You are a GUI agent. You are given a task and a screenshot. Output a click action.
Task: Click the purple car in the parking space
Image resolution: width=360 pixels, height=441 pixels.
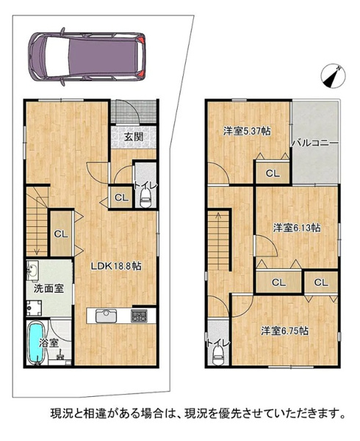[87, 57]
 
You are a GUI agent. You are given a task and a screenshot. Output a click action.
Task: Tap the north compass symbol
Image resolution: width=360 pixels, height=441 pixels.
[334, 76]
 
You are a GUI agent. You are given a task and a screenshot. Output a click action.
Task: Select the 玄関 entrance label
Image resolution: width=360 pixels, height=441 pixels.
[134, 137]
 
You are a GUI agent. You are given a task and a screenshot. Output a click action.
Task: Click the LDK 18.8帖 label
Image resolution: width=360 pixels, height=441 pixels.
[116, 266]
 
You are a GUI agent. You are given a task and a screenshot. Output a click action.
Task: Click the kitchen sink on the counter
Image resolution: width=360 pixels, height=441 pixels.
[106, 316]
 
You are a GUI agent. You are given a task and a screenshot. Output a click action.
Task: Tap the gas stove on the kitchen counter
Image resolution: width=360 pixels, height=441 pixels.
[139, 315]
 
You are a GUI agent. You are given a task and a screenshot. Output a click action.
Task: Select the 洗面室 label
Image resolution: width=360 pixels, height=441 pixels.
[48, 289]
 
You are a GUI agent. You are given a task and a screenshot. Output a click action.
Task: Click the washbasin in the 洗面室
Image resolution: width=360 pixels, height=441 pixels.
[33, 270]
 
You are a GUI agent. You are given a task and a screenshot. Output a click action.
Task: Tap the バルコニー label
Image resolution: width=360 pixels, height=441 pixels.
[314, 143]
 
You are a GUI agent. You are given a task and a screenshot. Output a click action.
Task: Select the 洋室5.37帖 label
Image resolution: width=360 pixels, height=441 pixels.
[248, 131]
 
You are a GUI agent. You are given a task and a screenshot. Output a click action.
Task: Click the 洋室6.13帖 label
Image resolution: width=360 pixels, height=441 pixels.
[297, 228]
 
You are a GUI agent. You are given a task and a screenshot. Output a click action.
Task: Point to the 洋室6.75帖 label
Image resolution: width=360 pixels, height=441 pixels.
[284, 331]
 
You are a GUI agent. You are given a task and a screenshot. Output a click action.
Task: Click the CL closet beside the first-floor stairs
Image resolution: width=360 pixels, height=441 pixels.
[62, 234]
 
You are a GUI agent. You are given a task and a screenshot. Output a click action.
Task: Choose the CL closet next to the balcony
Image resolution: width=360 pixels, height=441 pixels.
[273, 173]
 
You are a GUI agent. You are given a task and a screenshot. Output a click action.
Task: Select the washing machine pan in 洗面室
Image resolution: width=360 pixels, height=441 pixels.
[35, 308]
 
